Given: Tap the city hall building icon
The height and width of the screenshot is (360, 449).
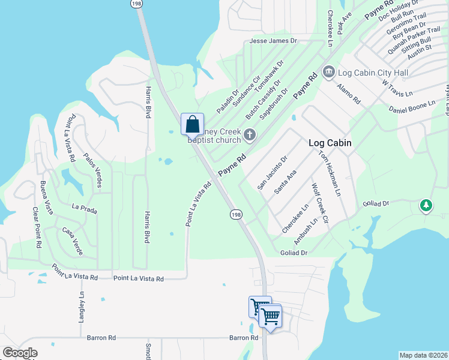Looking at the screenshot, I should [328, 73].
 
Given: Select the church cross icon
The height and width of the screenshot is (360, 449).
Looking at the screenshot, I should [250, 135].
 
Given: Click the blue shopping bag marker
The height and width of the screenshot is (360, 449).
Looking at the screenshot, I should [193, 125].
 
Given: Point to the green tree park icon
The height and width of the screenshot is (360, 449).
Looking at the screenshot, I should [426, 205].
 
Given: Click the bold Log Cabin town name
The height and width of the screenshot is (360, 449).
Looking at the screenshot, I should [330, 143].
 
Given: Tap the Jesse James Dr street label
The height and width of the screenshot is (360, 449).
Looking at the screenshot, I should [273, 41].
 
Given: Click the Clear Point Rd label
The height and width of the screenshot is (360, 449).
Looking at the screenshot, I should [37, 228].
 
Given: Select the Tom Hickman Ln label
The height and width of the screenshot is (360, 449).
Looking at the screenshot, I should [329, 173].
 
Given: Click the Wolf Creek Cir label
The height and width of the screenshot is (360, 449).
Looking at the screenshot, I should [320, 204].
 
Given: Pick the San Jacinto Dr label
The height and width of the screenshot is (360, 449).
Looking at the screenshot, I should [273, 172].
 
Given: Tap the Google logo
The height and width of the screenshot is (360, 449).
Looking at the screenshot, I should [20, 353].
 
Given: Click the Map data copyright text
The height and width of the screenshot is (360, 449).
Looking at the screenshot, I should [423, 355].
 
